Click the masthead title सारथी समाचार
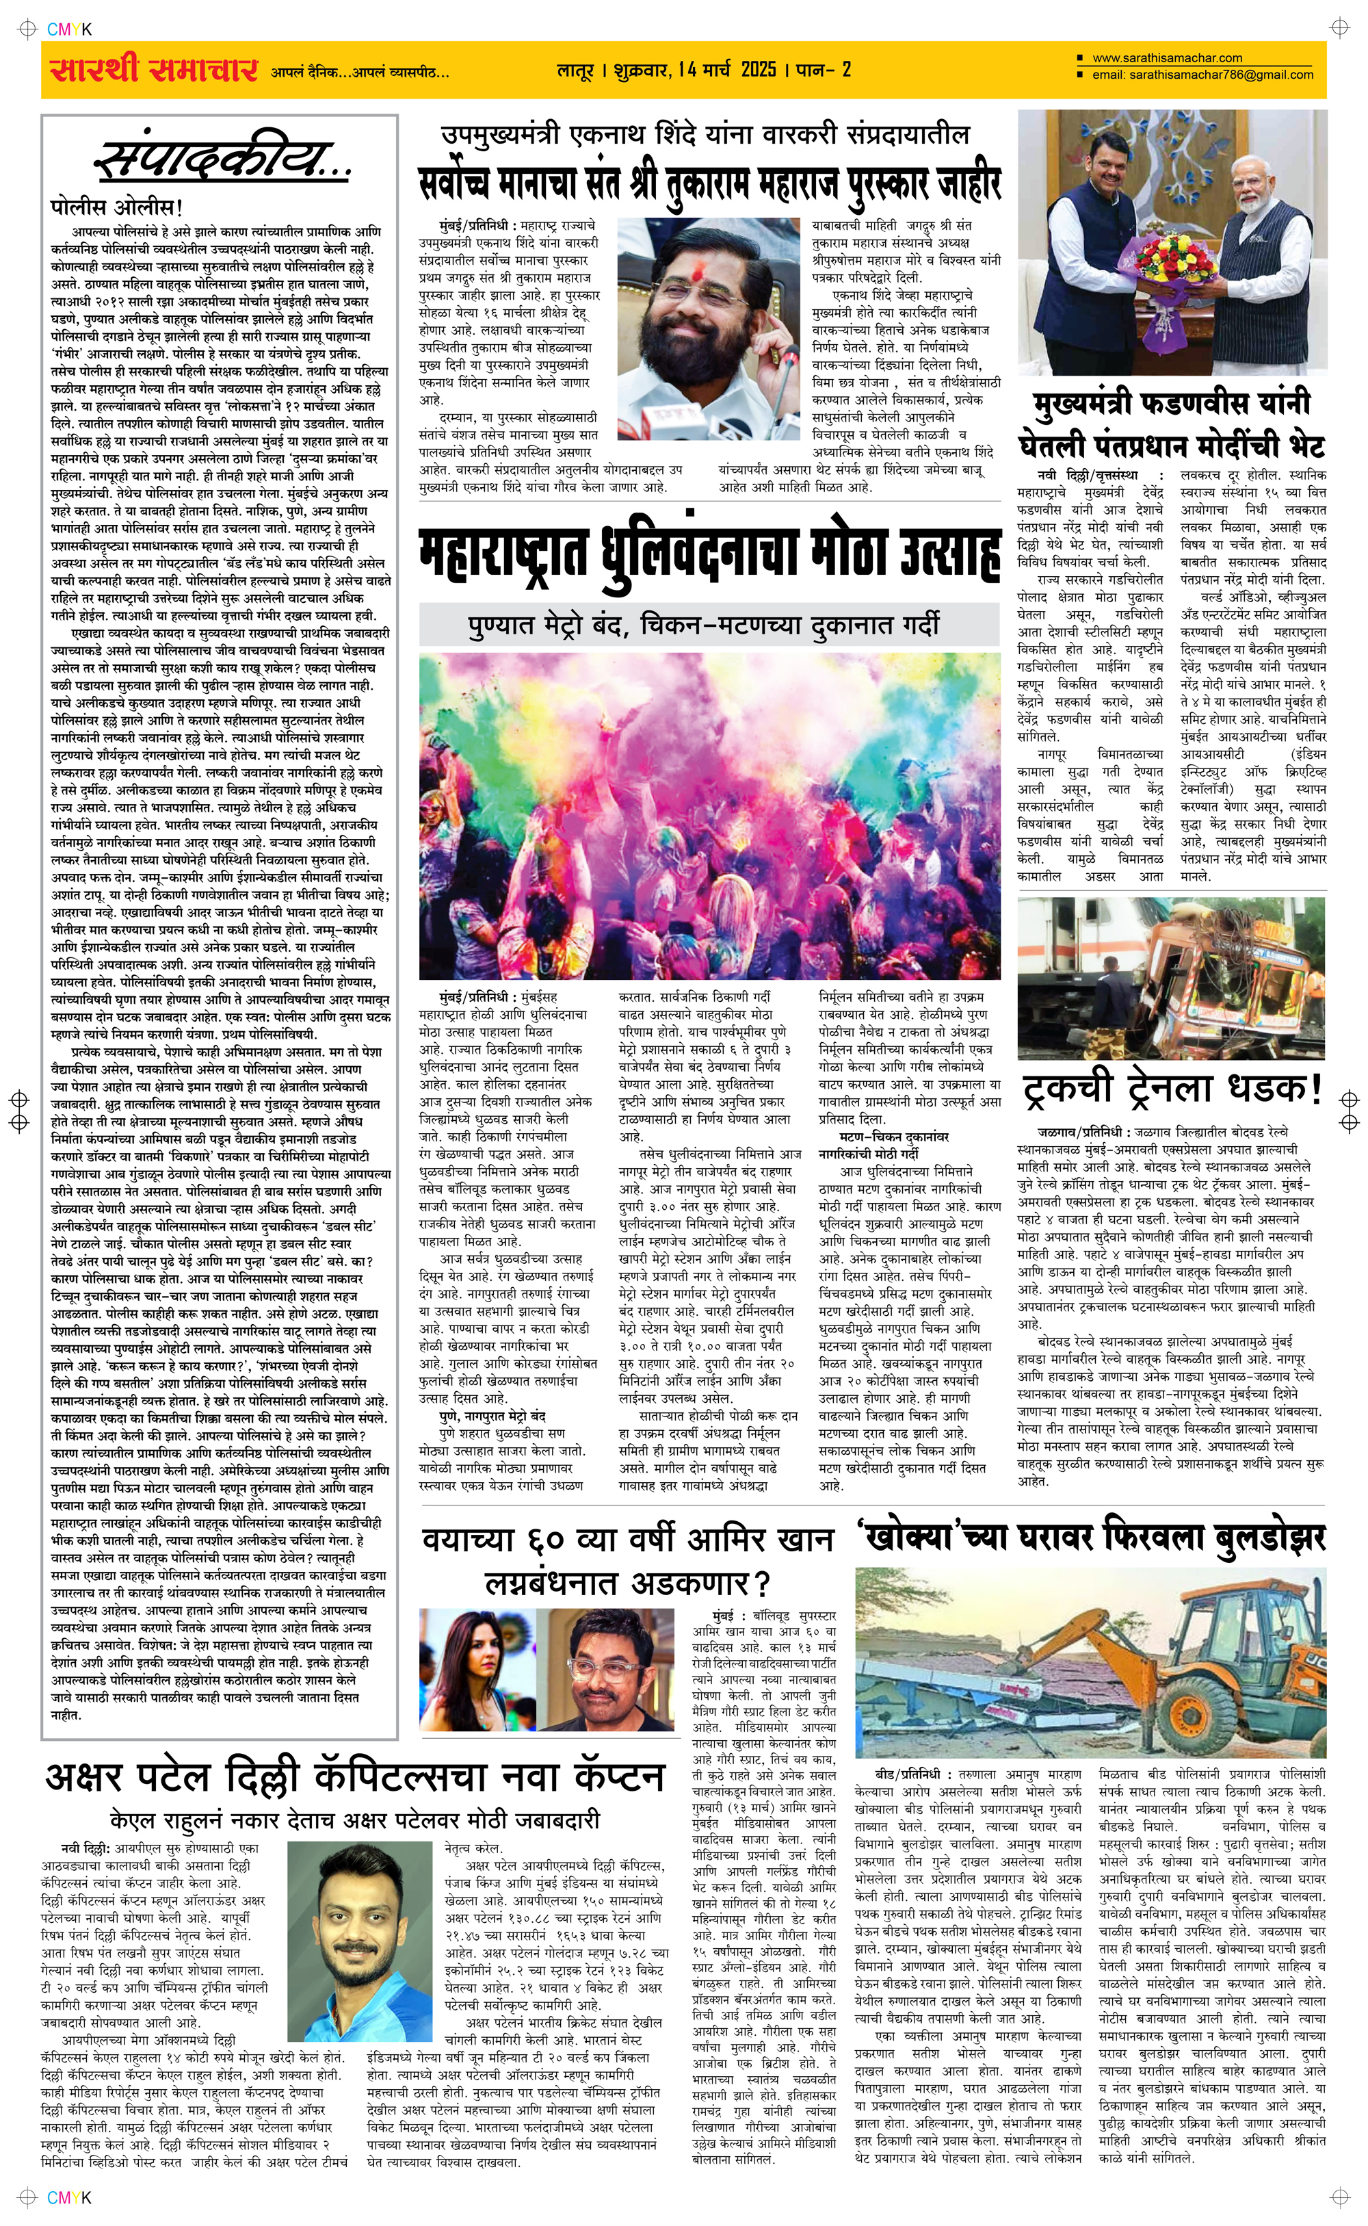click(x=154, y=70)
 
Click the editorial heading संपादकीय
click(x=222, y=159)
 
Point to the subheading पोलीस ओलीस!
click(x=117, y=207)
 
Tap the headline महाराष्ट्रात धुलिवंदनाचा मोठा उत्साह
click(x=709, y=554)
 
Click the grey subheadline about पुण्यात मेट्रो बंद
click(x=703, y=624)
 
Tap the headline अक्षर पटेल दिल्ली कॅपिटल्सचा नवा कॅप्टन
click(x=355, y=1778)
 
